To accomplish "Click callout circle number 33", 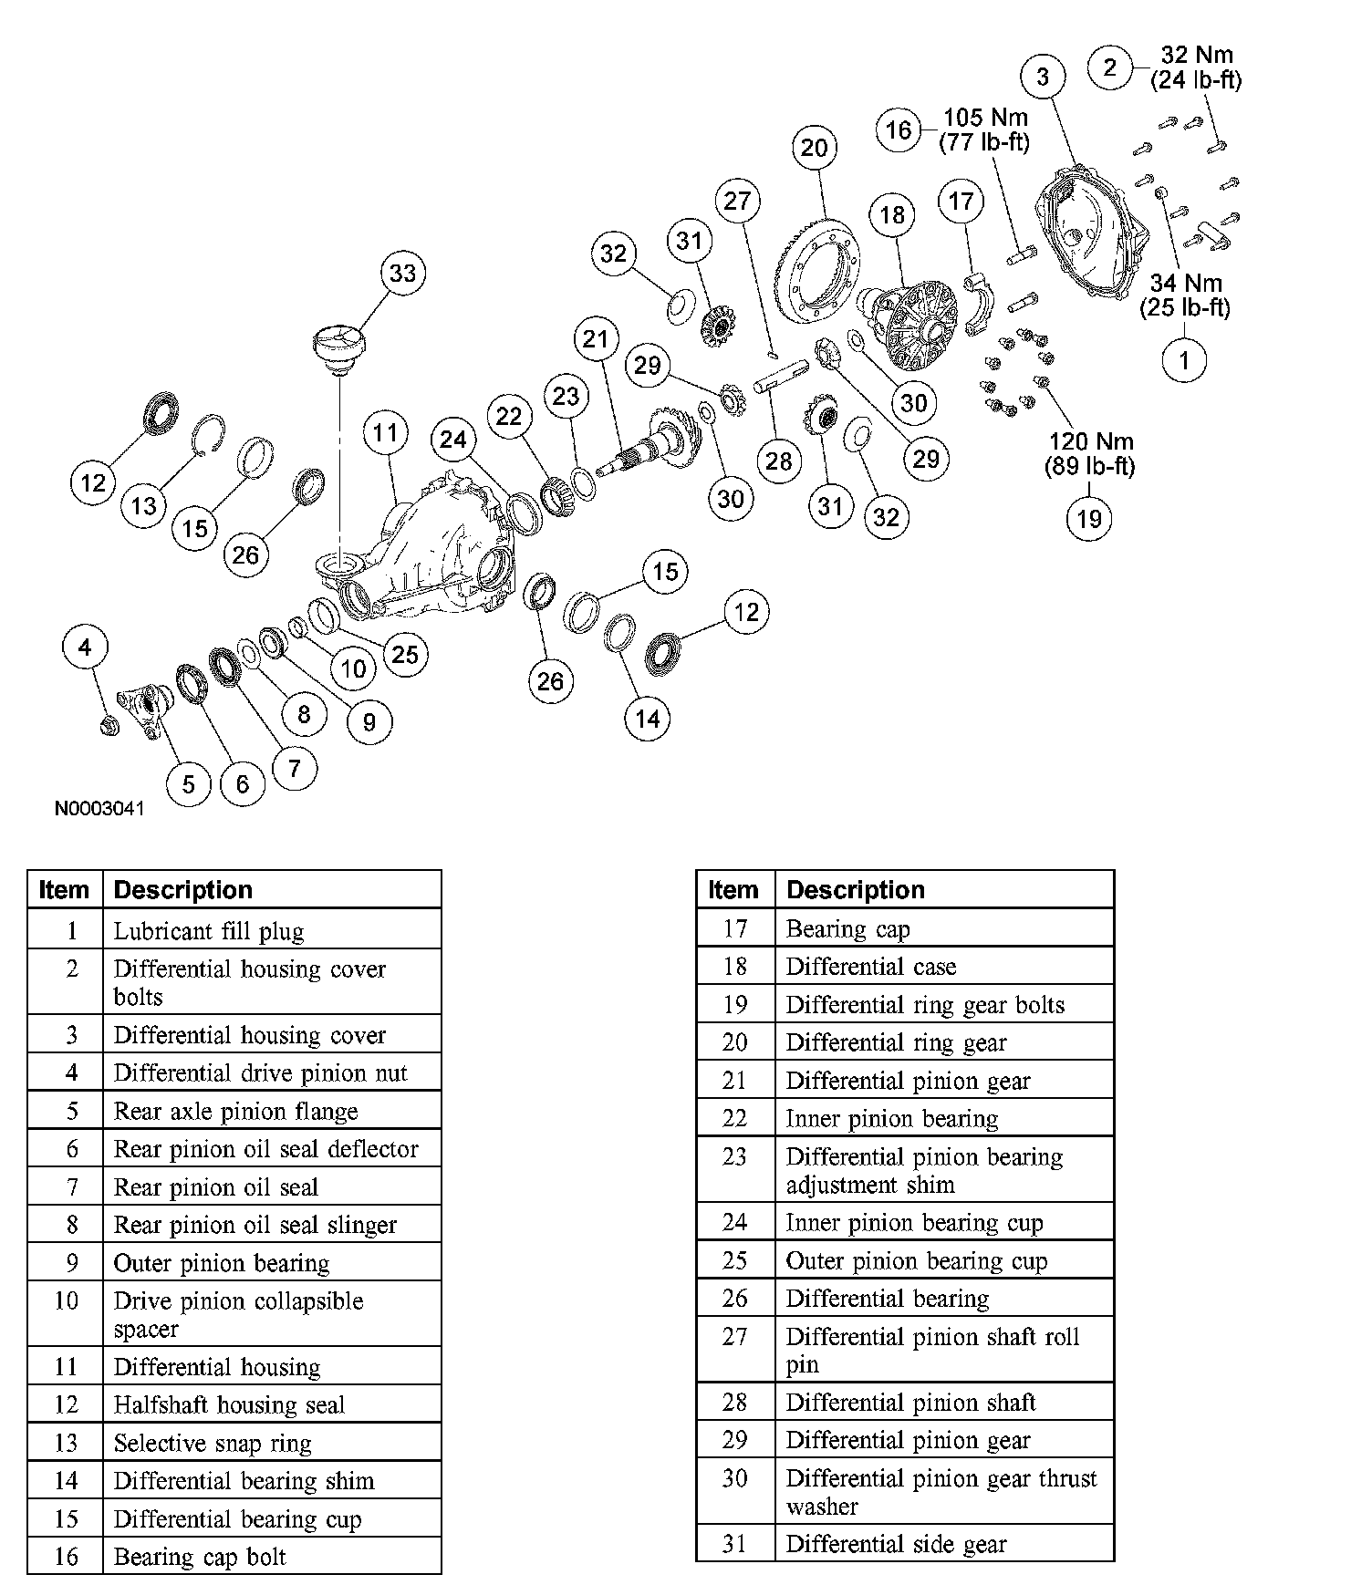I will pos(402,273).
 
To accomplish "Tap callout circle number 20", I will pos(814,148).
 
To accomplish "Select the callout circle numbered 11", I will pos(385,432).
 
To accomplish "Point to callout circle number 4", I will pos(85,647).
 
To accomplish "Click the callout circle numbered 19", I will pos(1089,519).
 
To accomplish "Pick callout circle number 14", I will pos(647,719).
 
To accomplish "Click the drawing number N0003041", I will pos(99,809).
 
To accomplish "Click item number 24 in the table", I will pos(734,1222).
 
